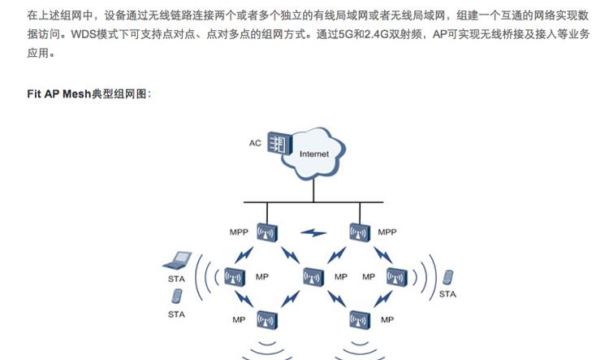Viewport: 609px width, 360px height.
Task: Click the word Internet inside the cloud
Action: pos(314,154)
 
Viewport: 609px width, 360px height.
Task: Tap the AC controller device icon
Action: pos(279,145)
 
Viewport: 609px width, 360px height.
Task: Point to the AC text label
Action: pos(255,144)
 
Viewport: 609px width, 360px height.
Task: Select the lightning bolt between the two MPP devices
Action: pos(313,233)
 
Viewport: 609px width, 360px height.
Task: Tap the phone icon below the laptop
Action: pos(177,297)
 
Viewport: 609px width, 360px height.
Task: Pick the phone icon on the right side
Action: pos(447,277)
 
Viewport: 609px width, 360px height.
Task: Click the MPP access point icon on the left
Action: pos(266,233)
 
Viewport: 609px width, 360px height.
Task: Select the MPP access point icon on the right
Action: pos(359,233)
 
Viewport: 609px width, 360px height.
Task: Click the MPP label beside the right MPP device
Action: pos(387,232)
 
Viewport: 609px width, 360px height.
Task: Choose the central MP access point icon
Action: pos(313,277)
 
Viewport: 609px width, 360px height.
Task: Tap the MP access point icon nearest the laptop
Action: pos(236,277)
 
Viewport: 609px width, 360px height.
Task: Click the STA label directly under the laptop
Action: pos(176,279)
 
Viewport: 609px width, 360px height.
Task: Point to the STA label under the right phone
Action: pos(447,294)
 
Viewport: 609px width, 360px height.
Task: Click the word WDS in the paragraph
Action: pos(86,36)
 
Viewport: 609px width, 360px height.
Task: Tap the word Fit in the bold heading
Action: pos(36,94)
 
